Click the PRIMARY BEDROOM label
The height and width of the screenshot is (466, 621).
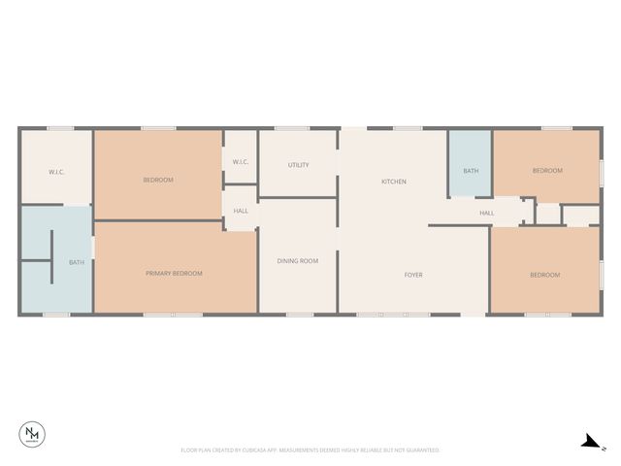click(x=175, y=274)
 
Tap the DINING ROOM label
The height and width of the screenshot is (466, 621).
click(x=298, y=260)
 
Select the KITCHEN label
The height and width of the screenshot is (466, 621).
click(x=393, y=182)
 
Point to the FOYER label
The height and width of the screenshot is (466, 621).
click(x=413, y=275)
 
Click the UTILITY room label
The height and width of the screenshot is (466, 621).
click(x=299, y=165)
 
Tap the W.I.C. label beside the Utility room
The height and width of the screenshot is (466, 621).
click(x=241, y=161)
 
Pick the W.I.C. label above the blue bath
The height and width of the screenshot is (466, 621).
click(x=56, y=172)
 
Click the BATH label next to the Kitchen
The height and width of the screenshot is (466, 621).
click(x=471, y=171)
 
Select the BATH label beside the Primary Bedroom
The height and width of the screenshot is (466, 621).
click(x=76, y=262)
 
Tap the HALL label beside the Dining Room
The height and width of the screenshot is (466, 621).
click(x=241, y=210)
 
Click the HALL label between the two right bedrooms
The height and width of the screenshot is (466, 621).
click(x=486, y=213)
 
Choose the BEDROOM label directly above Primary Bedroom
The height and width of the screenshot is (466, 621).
click(x=158, y=180)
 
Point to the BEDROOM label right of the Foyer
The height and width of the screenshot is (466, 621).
click(x=544, y=275)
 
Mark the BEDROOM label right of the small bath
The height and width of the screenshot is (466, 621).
click(x=547, y=171)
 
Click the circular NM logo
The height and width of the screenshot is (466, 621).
click(x=32, y=436)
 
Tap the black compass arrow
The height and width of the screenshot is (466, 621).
click(x=588, y=442)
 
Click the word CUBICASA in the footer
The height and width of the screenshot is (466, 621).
click(x=256, y=450)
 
